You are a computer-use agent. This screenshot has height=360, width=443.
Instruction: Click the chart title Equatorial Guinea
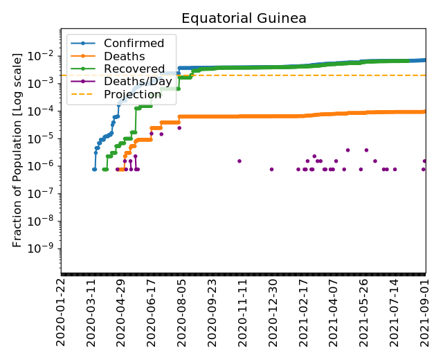pyautogui.click(x=244, y=19)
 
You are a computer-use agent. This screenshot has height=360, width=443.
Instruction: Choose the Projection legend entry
pyautogui.click(x=133, y=94)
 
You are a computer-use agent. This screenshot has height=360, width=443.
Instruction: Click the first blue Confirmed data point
pyautogui.click(x=94, y=169)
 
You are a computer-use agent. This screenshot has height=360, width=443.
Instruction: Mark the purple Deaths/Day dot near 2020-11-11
pyautogui.click(x=239, y=161)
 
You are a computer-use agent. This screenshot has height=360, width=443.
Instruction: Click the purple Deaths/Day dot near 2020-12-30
pyautogui.click(x=271, y=169)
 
